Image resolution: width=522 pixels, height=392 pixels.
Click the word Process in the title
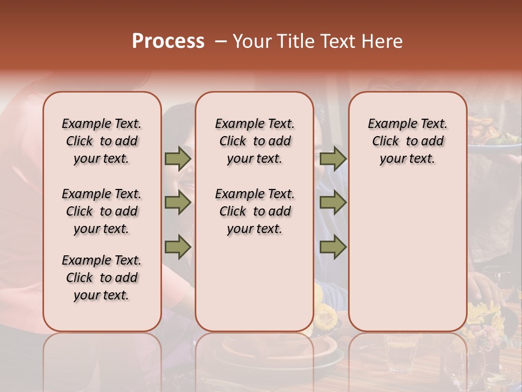(x=167, y=41)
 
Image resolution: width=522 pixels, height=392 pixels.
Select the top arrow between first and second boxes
(x=178, y=159)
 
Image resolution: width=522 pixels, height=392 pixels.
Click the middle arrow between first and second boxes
(x=178, y=203)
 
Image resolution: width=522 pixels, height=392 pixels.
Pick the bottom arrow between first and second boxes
(x=178, y=247)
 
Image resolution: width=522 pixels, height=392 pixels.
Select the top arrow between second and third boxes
(x=333, y=159)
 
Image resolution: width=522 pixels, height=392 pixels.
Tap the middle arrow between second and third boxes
(x=333, y=203)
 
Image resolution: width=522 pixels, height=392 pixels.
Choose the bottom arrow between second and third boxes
(x=333, y=247)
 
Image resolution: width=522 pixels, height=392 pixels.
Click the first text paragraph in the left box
(x=102, y=141)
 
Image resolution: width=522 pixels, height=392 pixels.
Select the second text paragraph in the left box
(x=102, y=211)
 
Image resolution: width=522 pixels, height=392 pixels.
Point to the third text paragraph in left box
(x=102, y=278)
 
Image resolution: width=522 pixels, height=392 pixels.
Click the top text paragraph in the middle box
(x=254, y=141)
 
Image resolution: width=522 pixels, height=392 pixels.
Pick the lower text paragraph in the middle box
(x=254, y=211)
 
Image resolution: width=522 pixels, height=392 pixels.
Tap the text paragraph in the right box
(x=407, y=141)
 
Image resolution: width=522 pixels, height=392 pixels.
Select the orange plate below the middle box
(x=283, y=348)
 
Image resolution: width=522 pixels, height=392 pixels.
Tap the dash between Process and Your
(x=220, y=41)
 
